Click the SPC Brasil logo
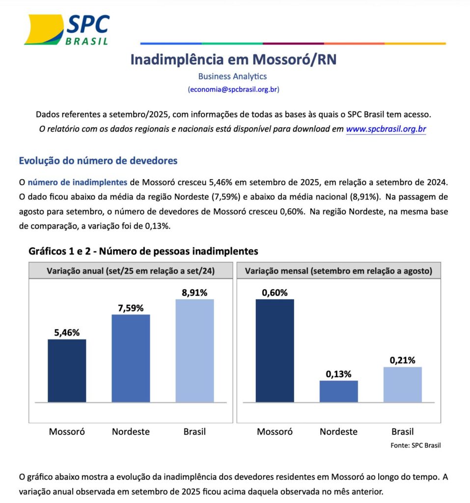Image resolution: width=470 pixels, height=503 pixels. (x=67, y=29)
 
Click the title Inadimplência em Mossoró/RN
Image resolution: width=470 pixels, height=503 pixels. (x=233, y=59)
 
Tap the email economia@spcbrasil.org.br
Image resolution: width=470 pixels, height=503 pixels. (x=233, y=89)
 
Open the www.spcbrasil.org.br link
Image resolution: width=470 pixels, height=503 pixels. (x=386, y=130)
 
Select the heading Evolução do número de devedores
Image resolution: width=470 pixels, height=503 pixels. (x=98, y=161)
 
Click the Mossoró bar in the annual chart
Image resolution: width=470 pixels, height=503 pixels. (x=67, y=370)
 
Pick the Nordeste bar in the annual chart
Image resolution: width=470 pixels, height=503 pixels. (x=131, y=358)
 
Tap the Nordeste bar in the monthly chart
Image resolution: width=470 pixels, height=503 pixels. (x=338, y=391)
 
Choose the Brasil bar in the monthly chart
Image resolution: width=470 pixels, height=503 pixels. (x=402, y=384)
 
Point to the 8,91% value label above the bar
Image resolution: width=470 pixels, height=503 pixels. (x=194, y=293)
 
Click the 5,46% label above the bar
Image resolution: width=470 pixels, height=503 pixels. (x=67, y=333)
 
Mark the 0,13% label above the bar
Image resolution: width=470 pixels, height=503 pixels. (x=338, y=374)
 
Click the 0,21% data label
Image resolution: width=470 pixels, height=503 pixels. (x=402, y=360)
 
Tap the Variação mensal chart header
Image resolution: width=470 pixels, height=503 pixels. (x=338, y=271)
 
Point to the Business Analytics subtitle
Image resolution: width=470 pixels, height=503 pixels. (x=232, y=76)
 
